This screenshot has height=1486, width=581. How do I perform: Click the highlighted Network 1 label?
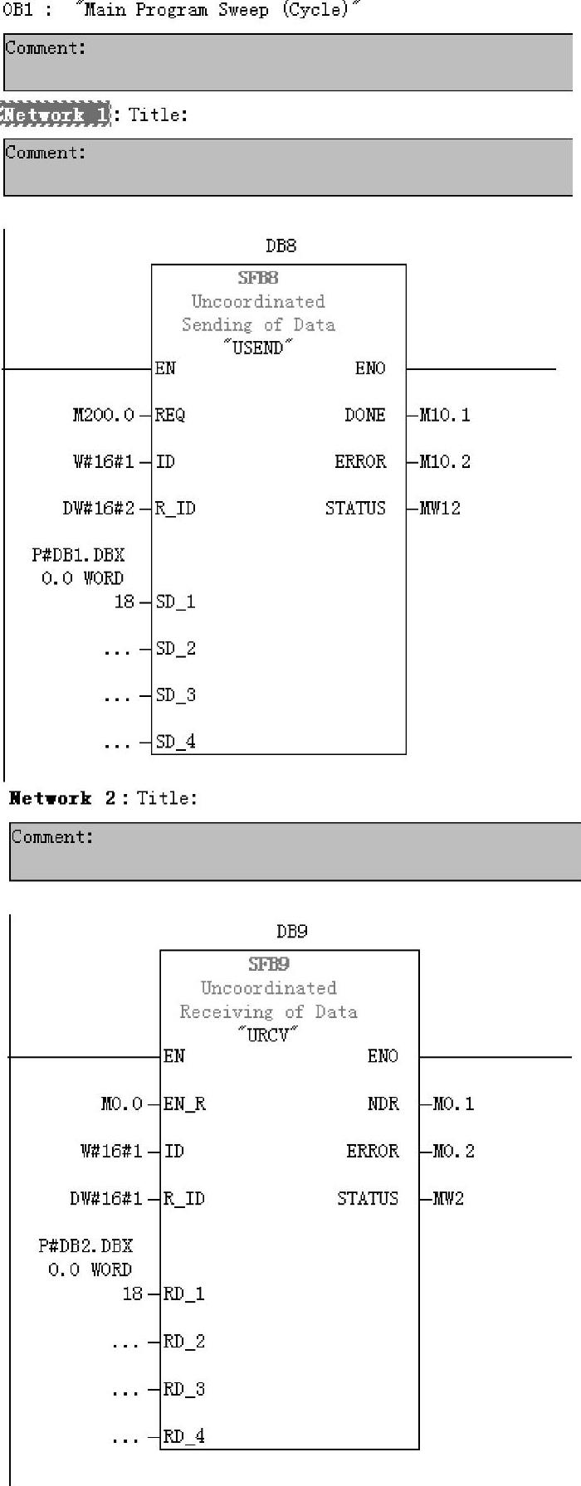[55, 114]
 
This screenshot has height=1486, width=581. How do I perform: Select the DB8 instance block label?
[281, 246]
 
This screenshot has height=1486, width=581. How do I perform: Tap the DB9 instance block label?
[291, 931]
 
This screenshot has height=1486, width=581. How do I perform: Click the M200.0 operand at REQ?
[103, 415]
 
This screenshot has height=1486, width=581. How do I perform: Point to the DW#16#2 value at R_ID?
[98, 508]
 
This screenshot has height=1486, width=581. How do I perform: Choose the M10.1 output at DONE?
[444, 415]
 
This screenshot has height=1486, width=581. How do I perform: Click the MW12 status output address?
[440, 508]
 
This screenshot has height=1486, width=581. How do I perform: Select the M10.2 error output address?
[444, 461]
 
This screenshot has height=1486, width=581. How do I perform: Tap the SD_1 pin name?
[175, 602]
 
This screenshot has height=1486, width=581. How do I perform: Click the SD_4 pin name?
[175, 742]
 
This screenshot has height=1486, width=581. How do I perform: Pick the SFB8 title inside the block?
[257, 278]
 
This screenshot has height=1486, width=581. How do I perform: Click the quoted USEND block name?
[258, 348]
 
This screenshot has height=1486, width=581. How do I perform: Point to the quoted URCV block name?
[267, 1035]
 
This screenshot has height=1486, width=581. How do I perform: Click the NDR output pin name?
[383, 1104]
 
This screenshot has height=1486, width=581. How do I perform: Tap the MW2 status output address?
[447, 1198]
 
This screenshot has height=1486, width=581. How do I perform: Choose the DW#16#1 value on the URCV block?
[105, 1198]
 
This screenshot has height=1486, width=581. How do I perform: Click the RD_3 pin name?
[183, 1389]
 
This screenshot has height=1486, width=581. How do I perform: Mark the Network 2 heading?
[62, 798]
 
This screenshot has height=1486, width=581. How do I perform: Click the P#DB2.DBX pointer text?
[85, 1245]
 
